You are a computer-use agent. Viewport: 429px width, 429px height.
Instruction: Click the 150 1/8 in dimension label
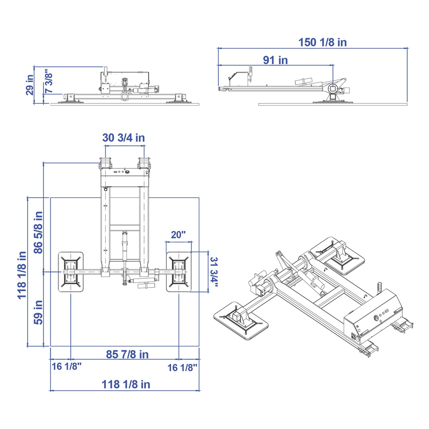322,42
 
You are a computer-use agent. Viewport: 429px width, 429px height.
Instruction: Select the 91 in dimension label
275,60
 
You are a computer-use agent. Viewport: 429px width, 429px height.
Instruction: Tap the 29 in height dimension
30,85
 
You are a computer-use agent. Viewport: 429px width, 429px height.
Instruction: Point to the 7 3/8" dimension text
49,81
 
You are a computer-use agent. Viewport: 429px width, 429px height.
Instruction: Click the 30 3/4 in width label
124,137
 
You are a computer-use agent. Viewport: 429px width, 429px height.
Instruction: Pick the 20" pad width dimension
178,235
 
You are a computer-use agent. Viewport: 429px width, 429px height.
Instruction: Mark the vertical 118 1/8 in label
22,275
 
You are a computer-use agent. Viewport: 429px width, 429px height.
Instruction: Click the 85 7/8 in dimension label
127,354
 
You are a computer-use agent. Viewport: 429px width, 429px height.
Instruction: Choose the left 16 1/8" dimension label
66,367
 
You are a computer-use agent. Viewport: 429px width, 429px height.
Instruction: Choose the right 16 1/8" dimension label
182,367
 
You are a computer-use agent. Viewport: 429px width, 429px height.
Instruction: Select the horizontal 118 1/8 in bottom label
126,384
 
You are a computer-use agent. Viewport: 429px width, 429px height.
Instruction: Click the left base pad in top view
71,272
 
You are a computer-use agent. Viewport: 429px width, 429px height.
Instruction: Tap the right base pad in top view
179,272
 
